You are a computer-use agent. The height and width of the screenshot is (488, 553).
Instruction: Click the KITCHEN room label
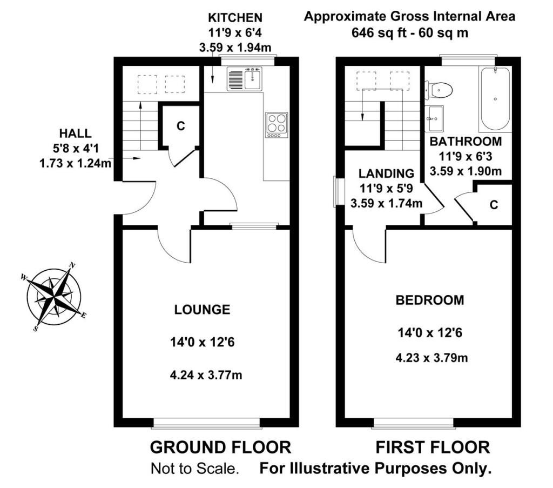tap(235, 17)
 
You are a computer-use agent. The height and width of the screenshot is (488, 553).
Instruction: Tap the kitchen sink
tap(245, 79)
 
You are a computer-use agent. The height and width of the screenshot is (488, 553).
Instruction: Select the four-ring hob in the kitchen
tap(276, 125)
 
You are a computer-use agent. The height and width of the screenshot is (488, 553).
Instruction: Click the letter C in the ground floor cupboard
tap(180, 125)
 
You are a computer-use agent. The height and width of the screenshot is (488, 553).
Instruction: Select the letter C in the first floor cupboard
tap(494, 205)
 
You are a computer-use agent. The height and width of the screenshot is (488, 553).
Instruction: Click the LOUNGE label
tap(202, 310)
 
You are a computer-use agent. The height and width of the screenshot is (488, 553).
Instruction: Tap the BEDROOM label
tap(430, 300)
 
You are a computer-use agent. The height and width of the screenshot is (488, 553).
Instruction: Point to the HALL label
tap(76, 133)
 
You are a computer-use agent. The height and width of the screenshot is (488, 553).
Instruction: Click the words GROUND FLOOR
tap(221, 447)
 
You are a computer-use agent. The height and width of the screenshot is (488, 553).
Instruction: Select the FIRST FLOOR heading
tap(433, 447)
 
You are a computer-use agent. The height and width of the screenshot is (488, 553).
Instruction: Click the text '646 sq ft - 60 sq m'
tap(410, 33)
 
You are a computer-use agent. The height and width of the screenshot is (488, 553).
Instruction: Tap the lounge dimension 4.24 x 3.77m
tap(206, 375)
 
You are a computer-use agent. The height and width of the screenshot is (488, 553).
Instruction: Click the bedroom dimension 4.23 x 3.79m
tap(431, 358)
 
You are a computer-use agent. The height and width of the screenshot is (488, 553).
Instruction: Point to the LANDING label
tap(387, 173)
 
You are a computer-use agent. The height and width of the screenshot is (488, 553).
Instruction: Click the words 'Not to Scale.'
tap(195, 469)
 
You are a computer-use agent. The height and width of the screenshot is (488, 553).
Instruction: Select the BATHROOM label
tap(466, 141)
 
